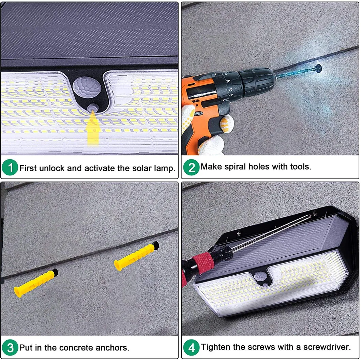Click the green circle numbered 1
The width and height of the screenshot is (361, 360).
[10, 168]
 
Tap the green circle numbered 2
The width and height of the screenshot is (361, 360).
[191, 167]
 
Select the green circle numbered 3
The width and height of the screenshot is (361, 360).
[10, 347]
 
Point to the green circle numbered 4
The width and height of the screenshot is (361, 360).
[191, 347]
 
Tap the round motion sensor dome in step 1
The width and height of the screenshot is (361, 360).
[87, 87]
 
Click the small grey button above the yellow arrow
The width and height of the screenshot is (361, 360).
[93, 107]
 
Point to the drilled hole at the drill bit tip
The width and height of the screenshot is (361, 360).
[319, 68]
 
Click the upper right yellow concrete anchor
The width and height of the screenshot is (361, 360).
[136, 256]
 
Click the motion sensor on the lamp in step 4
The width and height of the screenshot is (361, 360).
[260, 275]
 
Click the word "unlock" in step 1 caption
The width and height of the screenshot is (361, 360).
[52, 168]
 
